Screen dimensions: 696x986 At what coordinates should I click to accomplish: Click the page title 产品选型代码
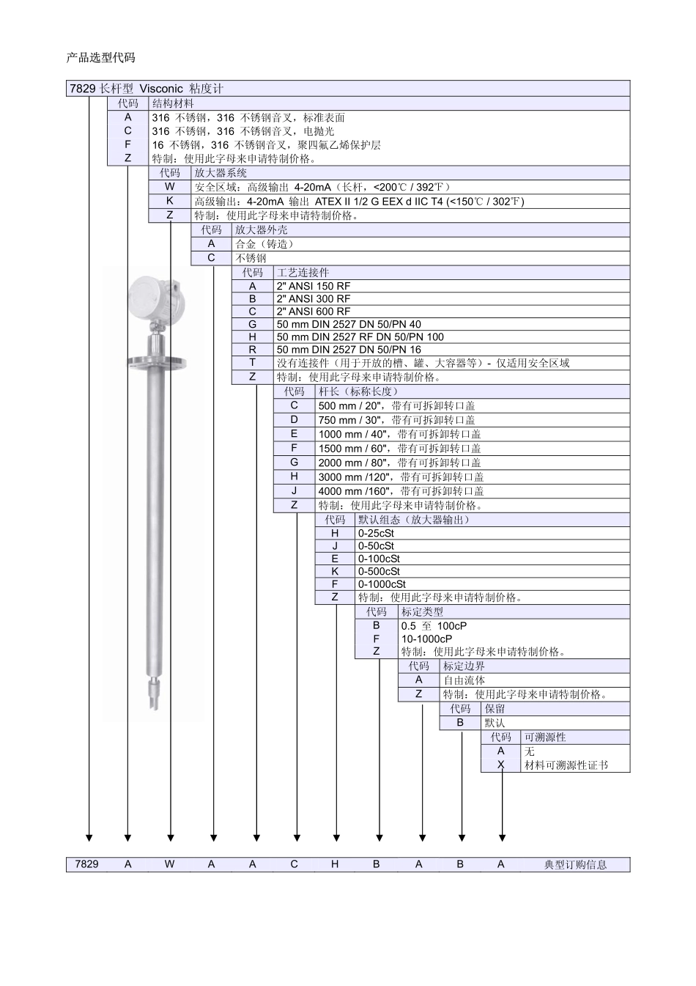[101, 58]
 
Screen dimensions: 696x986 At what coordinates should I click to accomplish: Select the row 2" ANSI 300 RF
[314, 299]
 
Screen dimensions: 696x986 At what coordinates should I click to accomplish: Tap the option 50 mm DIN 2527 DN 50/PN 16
[349, 350]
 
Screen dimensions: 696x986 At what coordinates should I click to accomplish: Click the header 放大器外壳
[261, 229]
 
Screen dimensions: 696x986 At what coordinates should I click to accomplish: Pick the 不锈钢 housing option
[251, 258]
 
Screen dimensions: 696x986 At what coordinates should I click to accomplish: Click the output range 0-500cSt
[379, 571]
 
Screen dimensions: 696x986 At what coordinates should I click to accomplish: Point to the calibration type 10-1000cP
[426, 639]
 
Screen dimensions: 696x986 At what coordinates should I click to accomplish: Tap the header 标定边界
[464, 666]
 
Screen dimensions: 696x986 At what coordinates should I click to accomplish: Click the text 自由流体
[464, 680]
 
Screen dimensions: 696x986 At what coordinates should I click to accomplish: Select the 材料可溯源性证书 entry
[566, 765]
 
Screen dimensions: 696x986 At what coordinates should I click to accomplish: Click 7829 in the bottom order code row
[86, 864]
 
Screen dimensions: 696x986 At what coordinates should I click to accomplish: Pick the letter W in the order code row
[169, 864]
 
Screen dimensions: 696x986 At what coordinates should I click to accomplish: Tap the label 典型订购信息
[575, 864]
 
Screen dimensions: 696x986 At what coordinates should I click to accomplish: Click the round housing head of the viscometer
[156, 299]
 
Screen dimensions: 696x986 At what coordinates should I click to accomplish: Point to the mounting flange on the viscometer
[156, 363]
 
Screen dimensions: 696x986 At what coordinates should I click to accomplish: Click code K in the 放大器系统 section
[169, 201]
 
